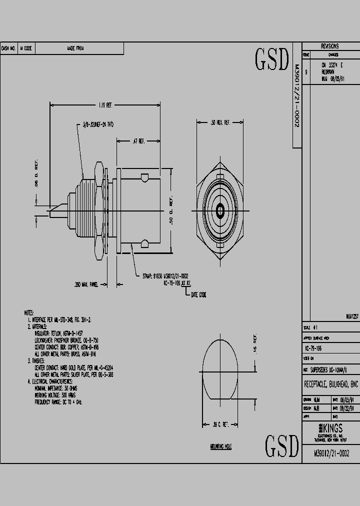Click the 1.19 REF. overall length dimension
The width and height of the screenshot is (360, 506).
(105, 105)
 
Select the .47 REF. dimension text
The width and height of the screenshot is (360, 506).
(138, 141)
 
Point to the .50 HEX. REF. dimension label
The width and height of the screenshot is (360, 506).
(219, 122)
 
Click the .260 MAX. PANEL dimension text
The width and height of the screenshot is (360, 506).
(85, 284)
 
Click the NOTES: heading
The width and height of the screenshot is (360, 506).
(29, 312)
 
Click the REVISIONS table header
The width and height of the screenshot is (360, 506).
(330, 46)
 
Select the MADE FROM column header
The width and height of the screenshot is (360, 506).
(75, 48)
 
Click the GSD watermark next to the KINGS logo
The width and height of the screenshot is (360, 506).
(281, 446)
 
